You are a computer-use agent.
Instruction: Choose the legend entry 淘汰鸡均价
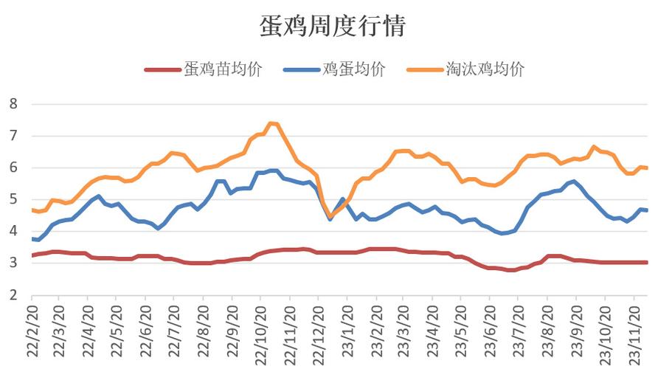point(485,69)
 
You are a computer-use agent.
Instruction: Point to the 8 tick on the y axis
point(13,103)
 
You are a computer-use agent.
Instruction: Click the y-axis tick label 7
point(13,136)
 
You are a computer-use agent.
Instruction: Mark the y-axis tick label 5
point(13,199)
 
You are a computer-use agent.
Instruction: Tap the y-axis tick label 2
point(13,295)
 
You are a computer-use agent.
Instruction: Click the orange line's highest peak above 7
point(271,123)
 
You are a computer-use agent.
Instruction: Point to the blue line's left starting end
point(32,239)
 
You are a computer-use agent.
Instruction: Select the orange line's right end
point(647,168)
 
